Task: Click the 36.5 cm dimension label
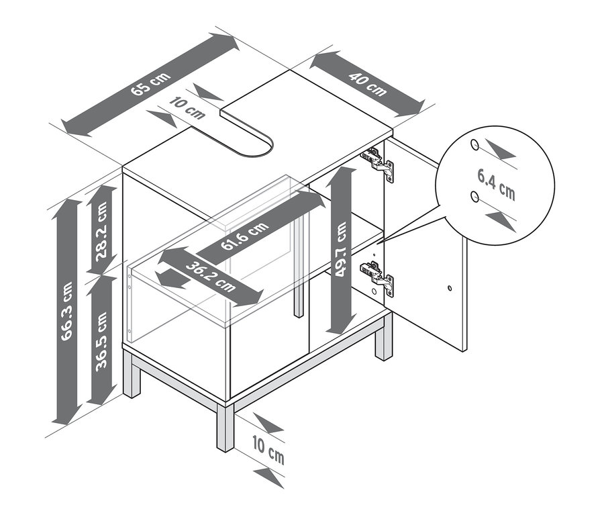(101, 340)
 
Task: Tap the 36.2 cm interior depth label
(209, 275)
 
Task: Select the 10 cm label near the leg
(268, 451)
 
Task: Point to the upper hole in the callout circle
(475, 144)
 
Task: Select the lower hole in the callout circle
(475, 196)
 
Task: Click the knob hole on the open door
(448, 289)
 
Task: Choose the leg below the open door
(383, 339)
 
